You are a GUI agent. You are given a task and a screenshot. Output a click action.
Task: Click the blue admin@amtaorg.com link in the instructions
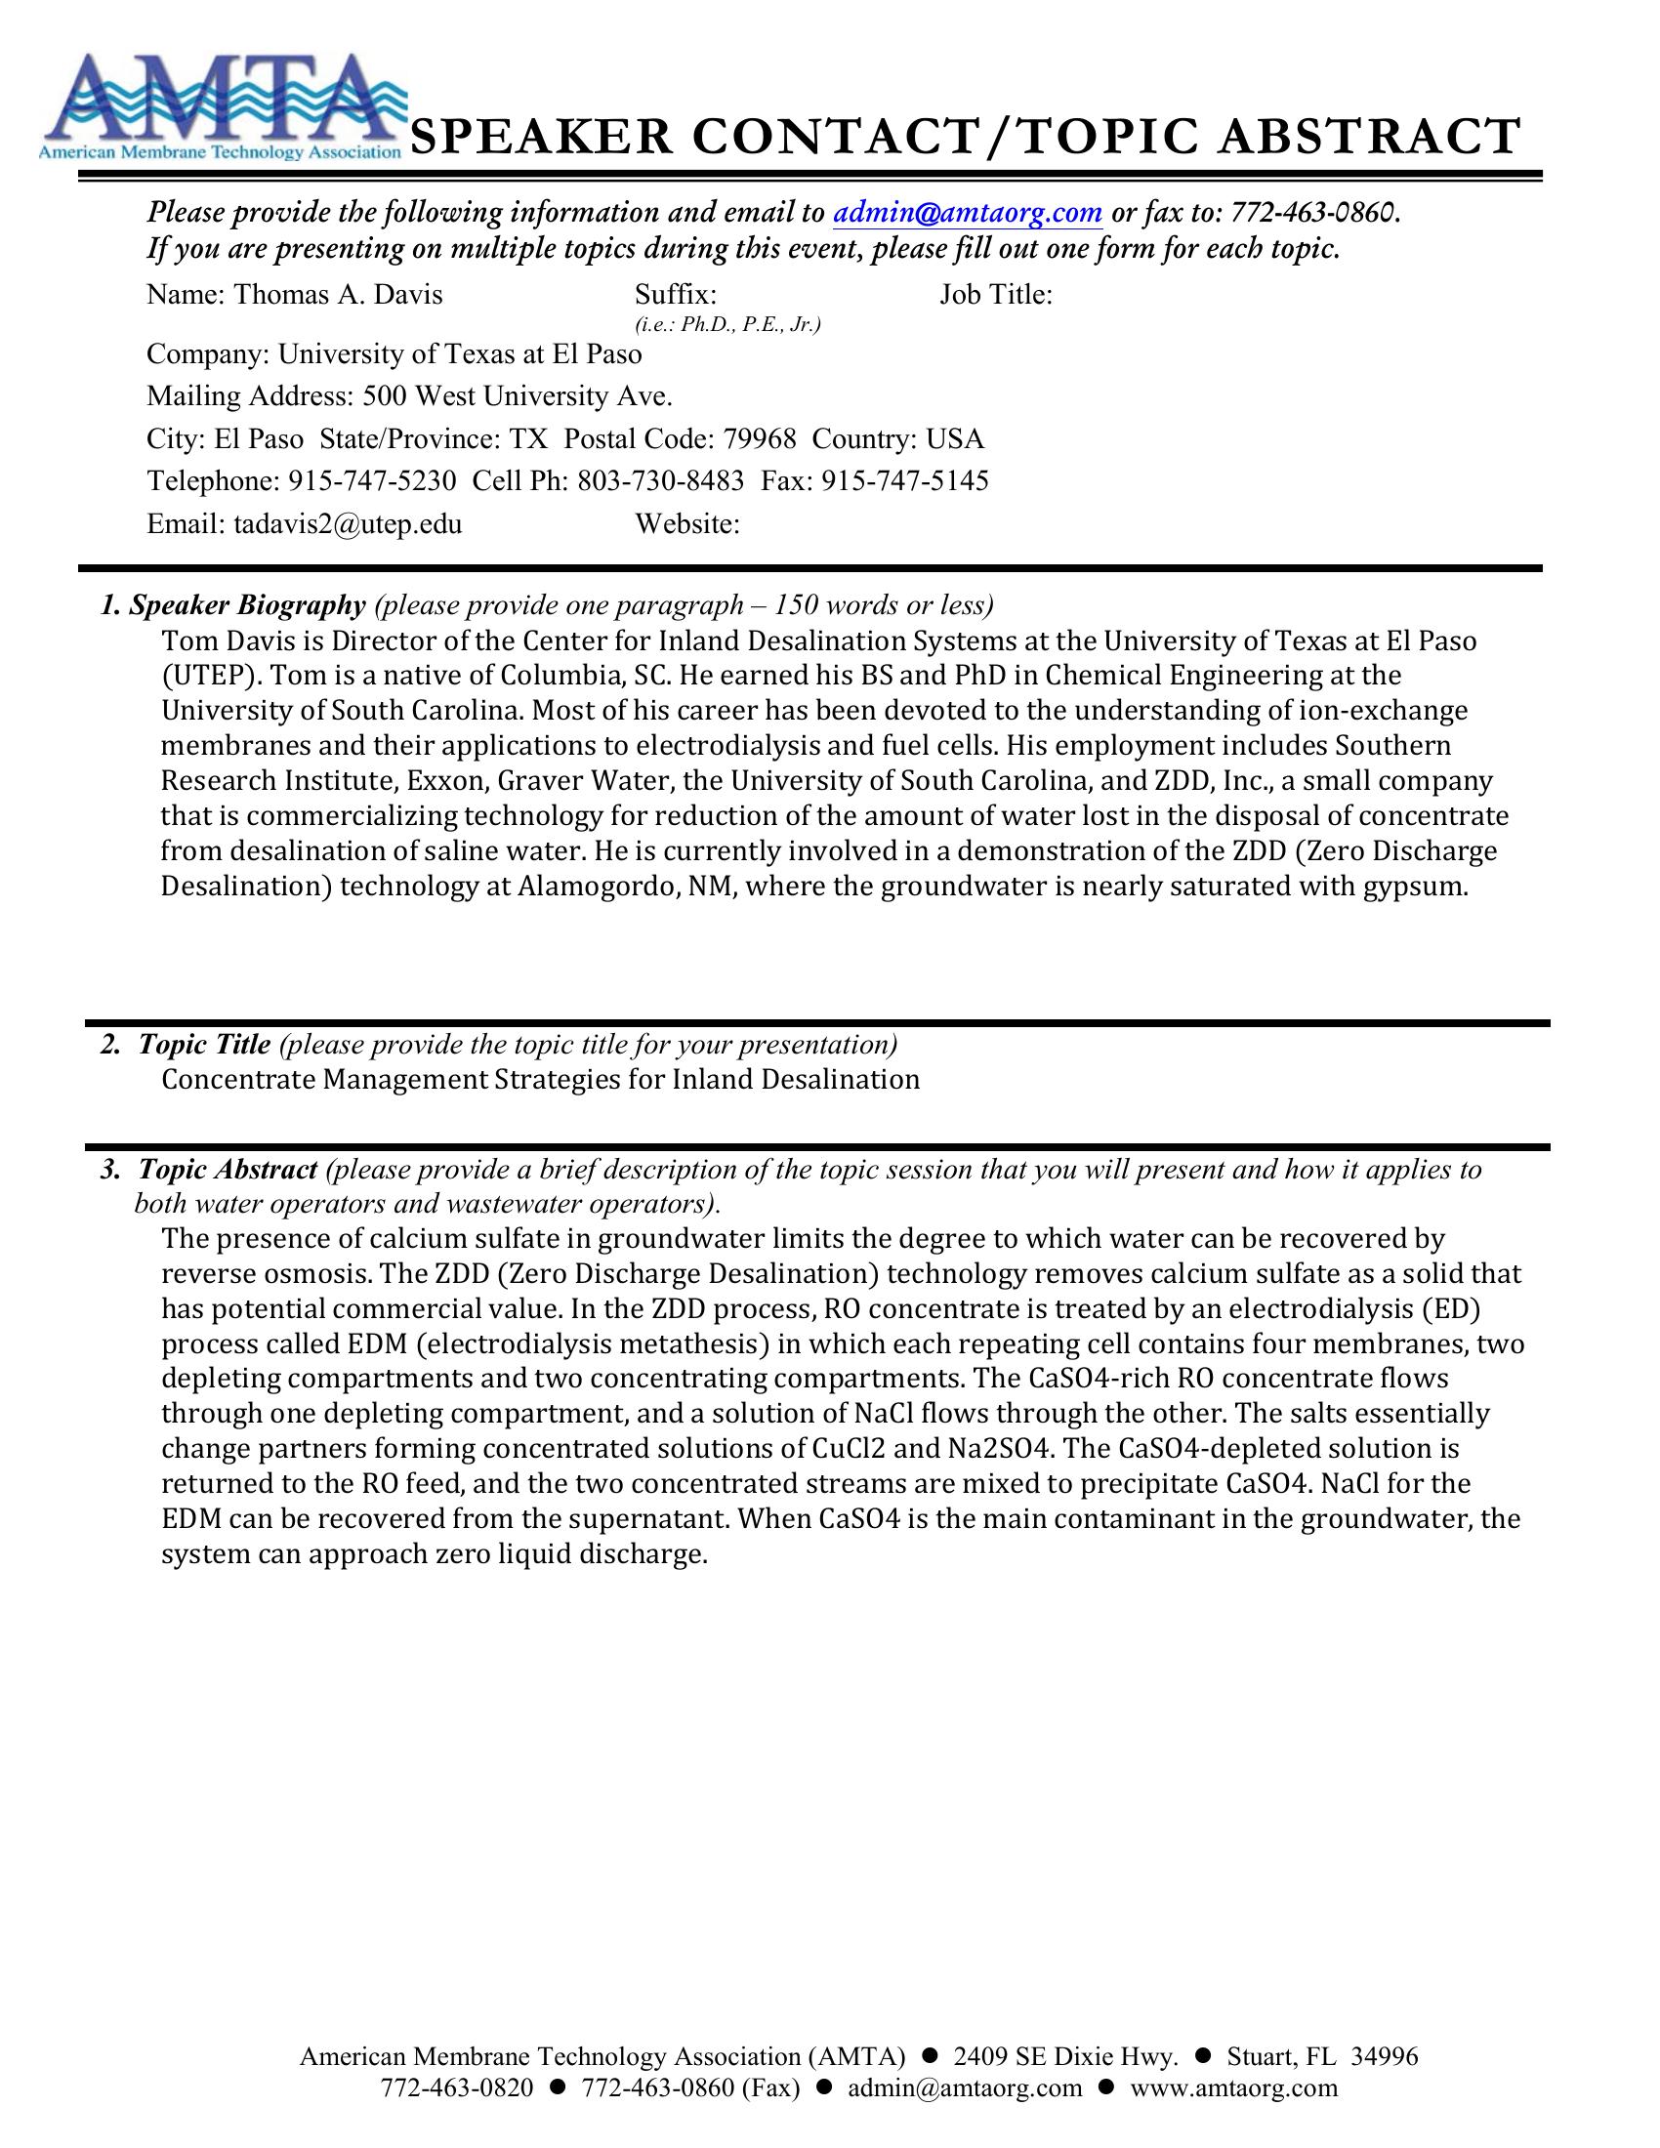[968, 213]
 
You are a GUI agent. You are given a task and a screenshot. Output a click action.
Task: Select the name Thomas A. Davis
[337, 294]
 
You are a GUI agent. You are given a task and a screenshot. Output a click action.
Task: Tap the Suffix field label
[676, 294]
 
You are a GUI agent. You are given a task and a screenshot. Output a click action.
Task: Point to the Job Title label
[995, 294]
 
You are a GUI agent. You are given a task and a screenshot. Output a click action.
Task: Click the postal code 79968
[759, 438]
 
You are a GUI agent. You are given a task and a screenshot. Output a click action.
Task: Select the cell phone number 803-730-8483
[660, 481]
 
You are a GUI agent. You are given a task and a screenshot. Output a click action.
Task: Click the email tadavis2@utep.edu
[348, 523]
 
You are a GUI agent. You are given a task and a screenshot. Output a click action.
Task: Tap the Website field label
[687, 523]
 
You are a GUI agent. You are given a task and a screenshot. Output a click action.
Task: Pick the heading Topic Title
[204, 1044]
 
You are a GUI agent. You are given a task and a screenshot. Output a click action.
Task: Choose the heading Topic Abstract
[228, 1170]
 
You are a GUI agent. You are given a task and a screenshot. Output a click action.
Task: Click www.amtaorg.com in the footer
[1234, 2088]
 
